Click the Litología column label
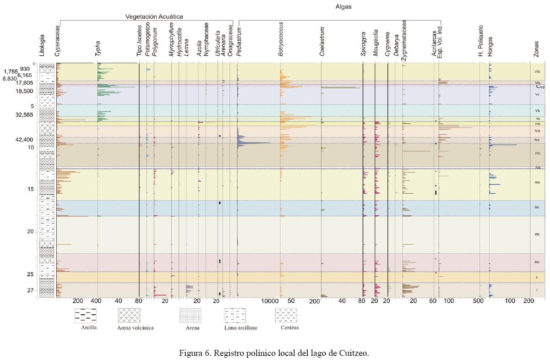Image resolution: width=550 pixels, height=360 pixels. click(x=43, y=45)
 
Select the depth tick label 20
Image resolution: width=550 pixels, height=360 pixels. click(x=30, y=232)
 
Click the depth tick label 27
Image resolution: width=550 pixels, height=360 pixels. click(x=30, y=290)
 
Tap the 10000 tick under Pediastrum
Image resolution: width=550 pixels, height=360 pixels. click(x=270, y=301)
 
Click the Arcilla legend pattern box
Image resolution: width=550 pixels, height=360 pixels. click(x=85, y=316)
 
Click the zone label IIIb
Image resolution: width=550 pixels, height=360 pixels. click(x=537, y=235)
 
